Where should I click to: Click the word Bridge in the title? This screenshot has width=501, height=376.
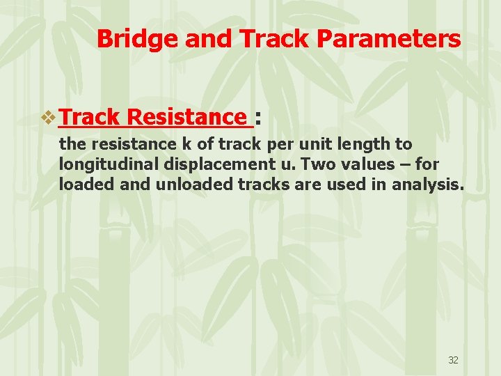(x=138, y=39)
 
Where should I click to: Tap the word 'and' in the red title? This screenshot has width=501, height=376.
(x=209, y=39)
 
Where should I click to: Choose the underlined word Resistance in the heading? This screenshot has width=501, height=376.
(x=188, y=117)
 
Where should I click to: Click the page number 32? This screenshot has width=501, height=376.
(x=453, y=360)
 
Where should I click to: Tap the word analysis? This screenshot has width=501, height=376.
(x=427, y=185)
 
